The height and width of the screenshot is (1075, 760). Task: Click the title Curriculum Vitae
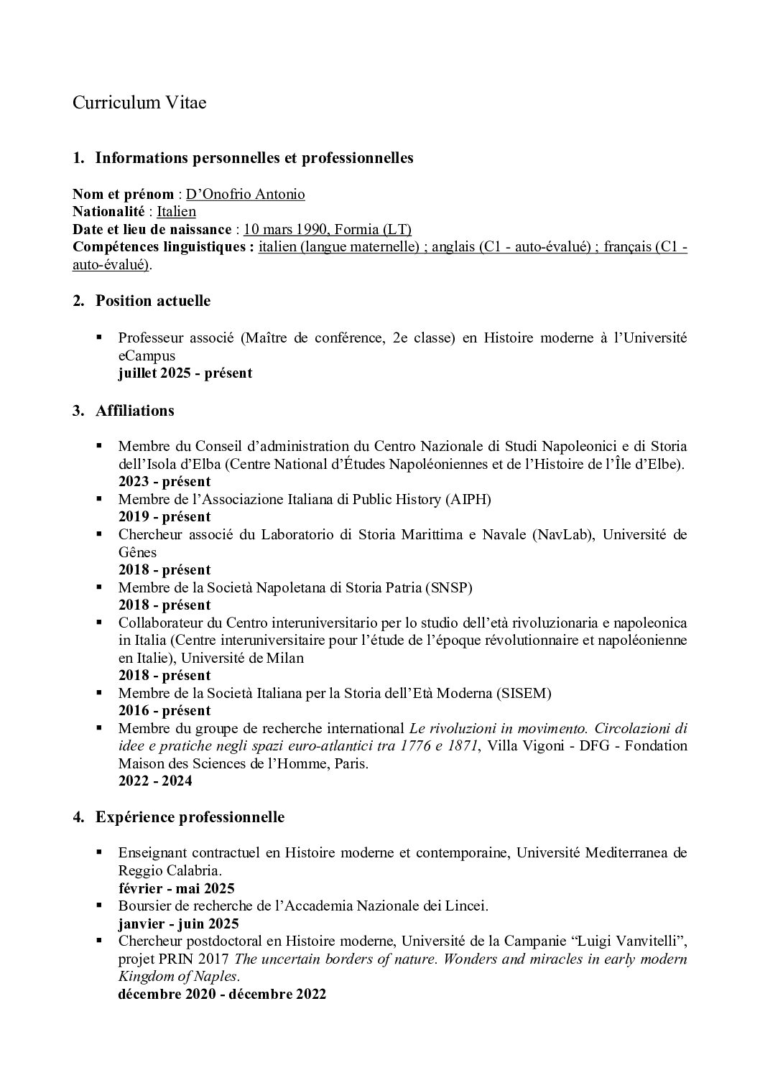[x=139, y=103]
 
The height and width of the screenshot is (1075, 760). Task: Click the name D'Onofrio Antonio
[x=246, y=195]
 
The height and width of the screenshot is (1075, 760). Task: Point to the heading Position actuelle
[x=153, y=301]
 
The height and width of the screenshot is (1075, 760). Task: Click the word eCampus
[x=147, y=355]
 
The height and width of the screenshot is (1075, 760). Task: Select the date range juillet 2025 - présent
[x=185, y=373]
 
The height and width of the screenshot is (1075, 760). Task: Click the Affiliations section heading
[x=135, y=411]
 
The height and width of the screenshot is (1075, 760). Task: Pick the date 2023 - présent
[x=164, y=481]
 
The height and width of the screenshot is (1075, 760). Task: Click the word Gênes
[x=137, y=552]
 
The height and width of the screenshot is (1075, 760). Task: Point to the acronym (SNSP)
[x=448, y=587]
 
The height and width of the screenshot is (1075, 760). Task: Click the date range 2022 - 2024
[x=155, y=781]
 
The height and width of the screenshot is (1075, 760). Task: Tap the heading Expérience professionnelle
[x=190, y=817]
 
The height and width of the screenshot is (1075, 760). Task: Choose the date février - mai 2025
[x=177, y=888]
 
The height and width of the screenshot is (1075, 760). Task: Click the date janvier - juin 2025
[x=179, y=923]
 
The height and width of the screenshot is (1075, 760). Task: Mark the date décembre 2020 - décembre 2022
[x=222, y=995]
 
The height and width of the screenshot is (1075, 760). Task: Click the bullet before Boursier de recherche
[x=101, y=906]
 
